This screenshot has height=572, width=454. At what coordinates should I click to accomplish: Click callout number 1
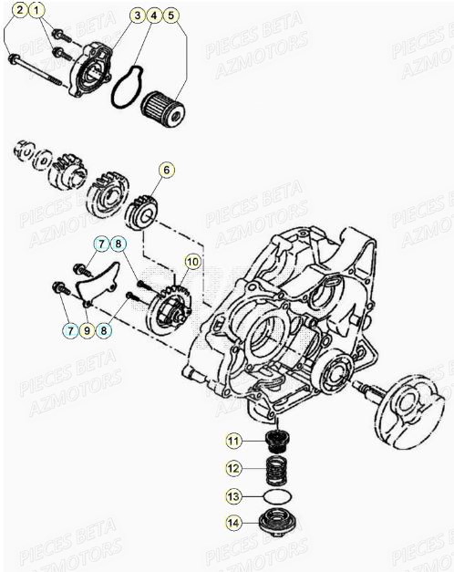point(36,12)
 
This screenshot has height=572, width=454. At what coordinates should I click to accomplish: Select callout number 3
point(136,16)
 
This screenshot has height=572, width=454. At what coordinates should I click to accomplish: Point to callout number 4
point(153,16)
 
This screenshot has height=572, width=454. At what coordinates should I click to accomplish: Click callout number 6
point(166,170)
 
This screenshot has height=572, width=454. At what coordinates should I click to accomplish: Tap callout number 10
point(191,262)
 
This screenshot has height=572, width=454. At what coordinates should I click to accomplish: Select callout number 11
point(233,442)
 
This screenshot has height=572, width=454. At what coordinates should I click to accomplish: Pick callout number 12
point(233,469)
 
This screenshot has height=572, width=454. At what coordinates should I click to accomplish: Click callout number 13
point(233,496)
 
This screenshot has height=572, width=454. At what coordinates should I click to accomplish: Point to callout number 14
point(233,524)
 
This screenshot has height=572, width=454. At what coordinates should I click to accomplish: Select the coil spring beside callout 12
point(273,471)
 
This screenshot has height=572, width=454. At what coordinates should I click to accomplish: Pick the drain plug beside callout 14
point(273,525)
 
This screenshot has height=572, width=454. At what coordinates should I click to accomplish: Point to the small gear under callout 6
point(146,213)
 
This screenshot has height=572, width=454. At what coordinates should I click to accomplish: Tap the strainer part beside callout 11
point(273,442)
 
